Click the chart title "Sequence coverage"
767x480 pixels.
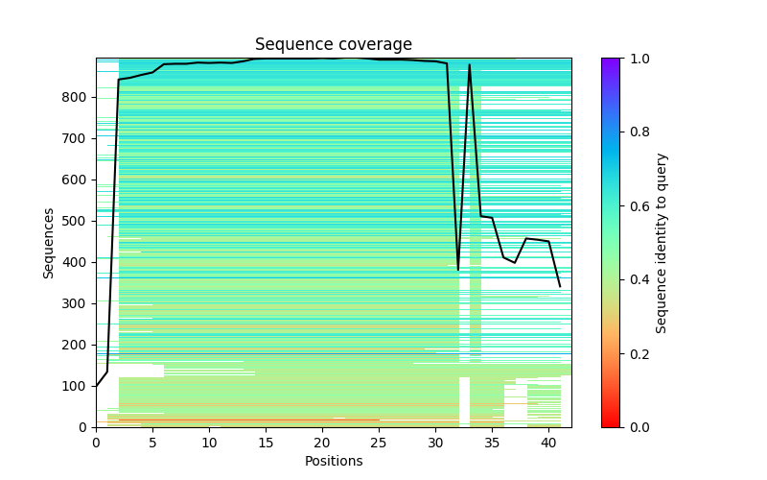[333, 45]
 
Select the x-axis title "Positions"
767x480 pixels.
[333, 461]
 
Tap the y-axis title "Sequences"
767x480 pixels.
[49, 243]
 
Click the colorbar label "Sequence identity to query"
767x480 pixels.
[662, 243]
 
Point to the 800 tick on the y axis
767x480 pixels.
[96, 98]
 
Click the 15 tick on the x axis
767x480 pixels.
[266, 427]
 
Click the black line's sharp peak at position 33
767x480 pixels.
[470, 65]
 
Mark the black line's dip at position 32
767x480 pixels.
[458, 270]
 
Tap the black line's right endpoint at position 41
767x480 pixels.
[560, 286]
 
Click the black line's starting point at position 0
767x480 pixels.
[96, 386]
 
